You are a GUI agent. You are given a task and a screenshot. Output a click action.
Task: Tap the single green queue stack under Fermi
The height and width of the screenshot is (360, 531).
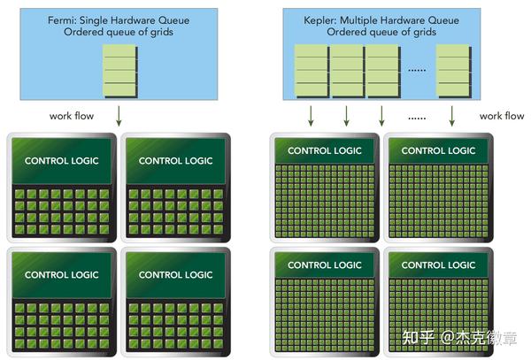click(x=120, y=72)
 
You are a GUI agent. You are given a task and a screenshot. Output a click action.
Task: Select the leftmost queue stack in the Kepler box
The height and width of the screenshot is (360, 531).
click(x=312, y=72)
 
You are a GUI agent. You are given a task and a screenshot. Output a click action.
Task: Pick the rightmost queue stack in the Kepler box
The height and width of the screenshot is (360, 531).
click(x=454, y=72)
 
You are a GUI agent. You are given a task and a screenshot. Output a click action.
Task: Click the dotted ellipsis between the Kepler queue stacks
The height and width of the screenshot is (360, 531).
click(x=417, y=71)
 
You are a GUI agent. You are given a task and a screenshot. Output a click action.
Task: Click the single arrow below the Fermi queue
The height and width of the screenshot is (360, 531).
click(x=119, y=116)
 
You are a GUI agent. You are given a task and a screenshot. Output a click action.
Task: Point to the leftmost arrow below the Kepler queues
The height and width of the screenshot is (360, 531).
click(x=311, y=116)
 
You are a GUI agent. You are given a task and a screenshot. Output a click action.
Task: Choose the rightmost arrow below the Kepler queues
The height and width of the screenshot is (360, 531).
click(x=451, y=116)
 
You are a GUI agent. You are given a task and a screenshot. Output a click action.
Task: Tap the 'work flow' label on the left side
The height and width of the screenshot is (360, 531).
click(x=72, y=116)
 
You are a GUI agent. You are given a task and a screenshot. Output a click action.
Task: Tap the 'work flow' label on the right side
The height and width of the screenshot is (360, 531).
click(x=502, y=116)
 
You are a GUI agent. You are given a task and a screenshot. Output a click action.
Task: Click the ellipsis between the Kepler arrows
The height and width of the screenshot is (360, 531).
click(x=417, y=119)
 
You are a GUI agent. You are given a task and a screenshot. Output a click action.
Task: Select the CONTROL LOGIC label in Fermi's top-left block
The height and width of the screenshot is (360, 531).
click(x=62, y=161)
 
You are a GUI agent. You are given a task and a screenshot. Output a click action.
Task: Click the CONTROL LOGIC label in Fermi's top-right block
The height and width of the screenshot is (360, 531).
click(x=176, y=161)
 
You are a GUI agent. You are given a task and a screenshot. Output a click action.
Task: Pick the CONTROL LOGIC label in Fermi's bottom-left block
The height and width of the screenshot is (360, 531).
click(x=62, y=275)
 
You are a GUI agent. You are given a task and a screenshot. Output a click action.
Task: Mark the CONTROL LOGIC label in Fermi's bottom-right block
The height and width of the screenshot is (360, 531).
click(x=176, y=275)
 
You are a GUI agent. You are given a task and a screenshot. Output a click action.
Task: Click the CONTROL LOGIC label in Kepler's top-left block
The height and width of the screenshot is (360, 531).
click(x=325, y=150)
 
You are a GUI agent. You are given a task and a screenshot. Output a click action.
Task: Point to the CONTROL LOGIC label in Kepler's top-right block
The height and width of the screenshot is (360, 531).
click(x=439, y=150)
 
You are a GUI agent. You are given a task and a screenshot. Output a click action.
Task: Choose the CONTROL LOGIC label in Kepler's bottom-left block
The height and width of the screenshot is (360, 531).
click(x=325, y=265)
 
